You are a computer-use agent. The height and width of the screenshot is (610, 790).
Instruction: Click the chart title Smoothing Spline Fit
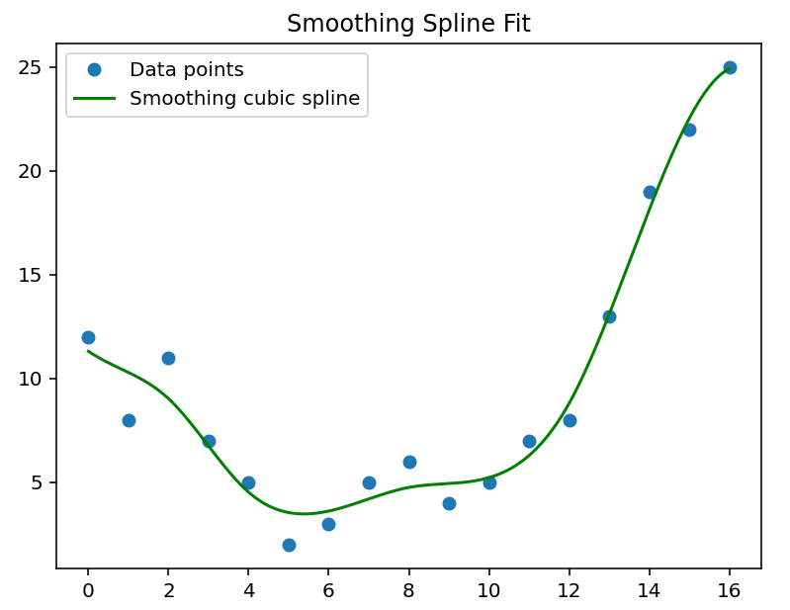(x=408, y=24)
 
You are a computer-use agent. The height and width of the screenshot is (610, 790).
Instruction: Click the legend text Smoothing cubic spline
(x=244, y=99)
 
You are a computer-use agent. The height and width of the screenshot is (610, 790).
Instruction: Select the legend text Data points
(x=186, y=70)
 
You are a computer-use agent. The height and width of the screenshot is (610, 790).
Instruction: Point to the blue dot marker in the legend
(x=95, y=70)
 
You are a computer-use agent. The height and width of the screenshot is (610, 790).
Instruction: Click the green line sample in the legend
(x=95, y=99)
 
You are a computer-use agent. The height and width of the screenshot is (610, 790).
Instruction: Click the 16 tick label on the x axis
(x=730, y=590)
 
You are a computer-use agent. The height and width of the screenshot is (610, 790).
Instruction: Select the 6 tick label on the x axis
(x=328, y=590)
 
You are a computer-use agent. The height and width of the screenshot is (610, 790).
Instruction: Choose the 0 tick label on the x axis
(x=88, y=590)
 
